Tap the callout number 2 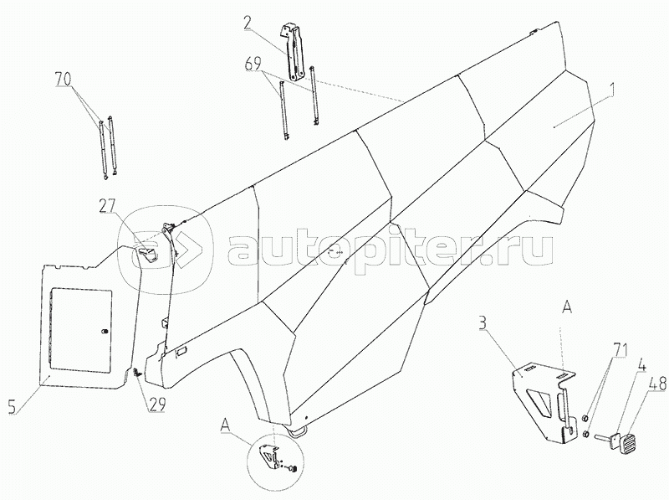pyautogui.click(x=248, y=23)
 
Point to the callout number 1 pyautogui.click(x=612, y=90)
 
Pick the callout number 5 pyautogui.click(x=13, y=406)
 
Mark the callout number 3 pyautogui.click(x=483, y=323)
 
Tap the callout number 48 pyautogui.click(x=657, y=384)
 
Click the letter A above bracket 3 pyautogui.click(x=567, y=308)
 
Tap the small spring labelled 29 pyautogui.click(x=136, y=373)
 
